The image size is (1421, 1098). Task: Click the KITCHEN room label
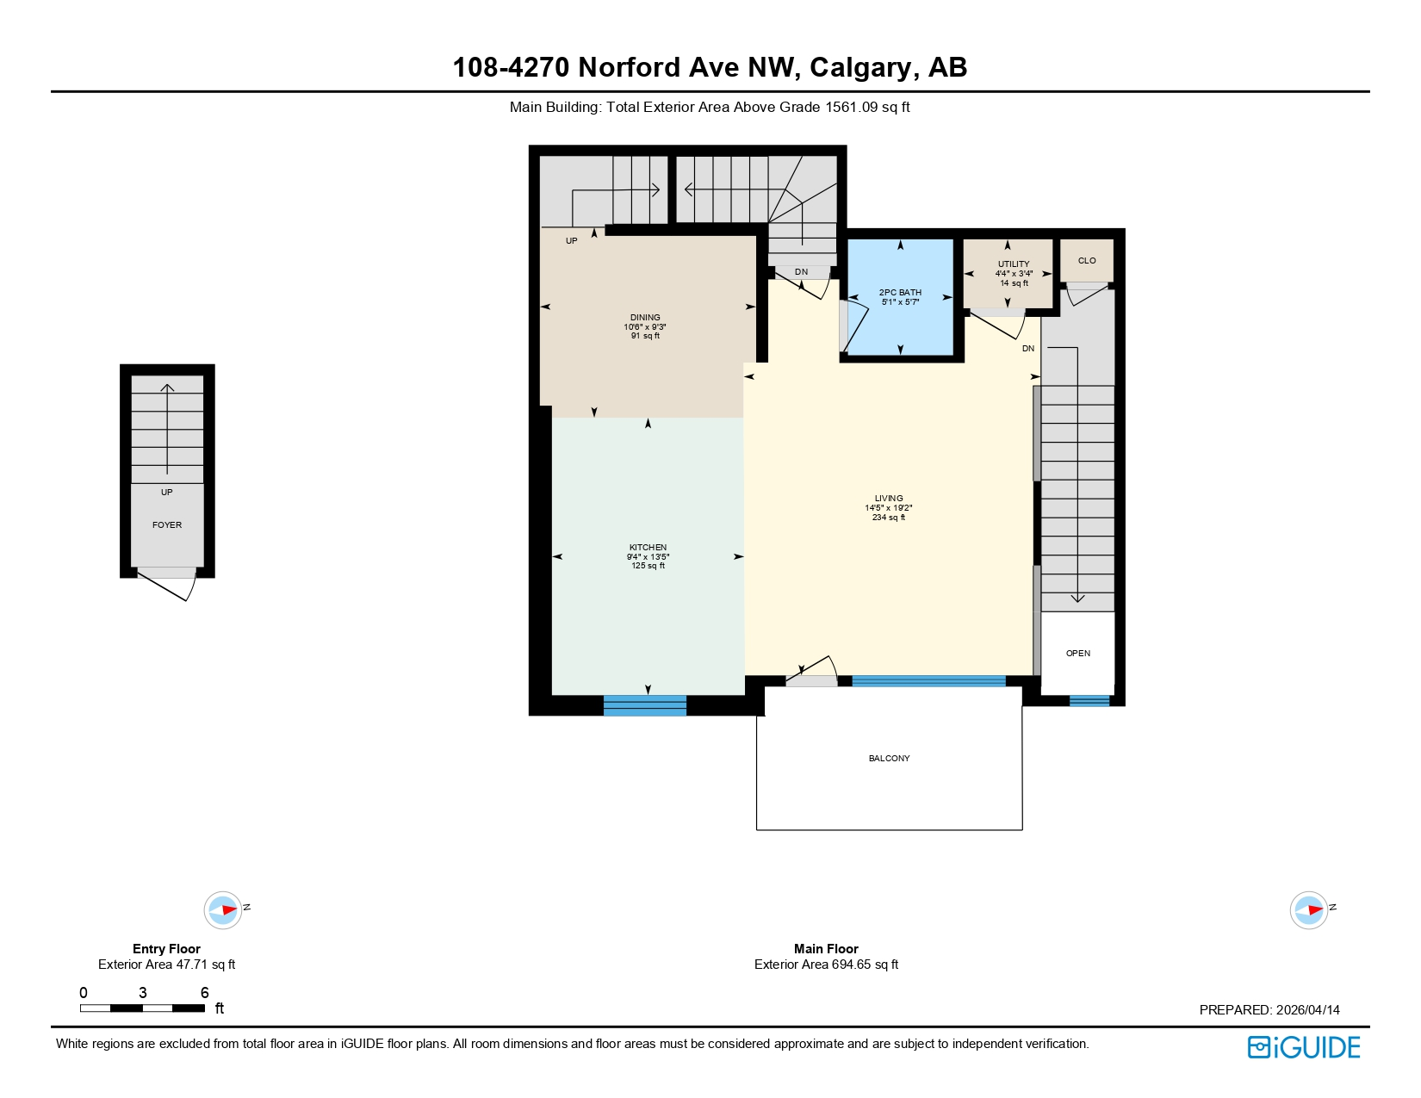[x=648, y=548]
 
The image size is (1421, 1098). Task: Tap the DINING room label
[x=645, y=318]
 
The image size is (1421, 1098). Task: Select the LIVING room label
[x=889, y=499]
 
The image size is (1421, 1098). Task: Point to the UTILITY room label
[x=1014, y=264]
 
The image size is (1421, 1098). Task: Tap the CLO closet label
[x=1087, y=261]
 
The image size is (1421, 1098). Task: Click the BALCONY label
[x=889, y=759]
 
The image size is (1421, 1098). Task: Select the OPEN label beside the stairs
[x=1078, y=654]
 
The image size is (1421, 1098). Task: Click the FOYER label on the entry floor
[x=167, y=525]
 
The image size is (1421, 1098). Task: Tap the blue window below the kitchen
[x=645, y=705]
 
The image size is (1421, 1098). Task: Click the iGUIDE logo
[x=1304, y=1047]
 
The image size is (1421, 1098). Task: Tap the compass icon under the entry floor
[x=223, y=909]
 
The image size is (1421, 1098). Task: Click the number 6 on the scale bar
[x=204, y=993]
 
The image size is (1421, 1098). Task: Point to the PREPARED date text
[x=1269, y=1010]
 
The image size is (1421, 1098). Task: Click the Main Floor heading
[x=826, y=949]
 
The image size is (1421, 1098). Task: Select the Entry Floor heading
[x=166, y=949]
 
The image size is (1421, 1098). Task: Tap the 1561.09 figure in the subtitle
[x=853, y=108]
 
